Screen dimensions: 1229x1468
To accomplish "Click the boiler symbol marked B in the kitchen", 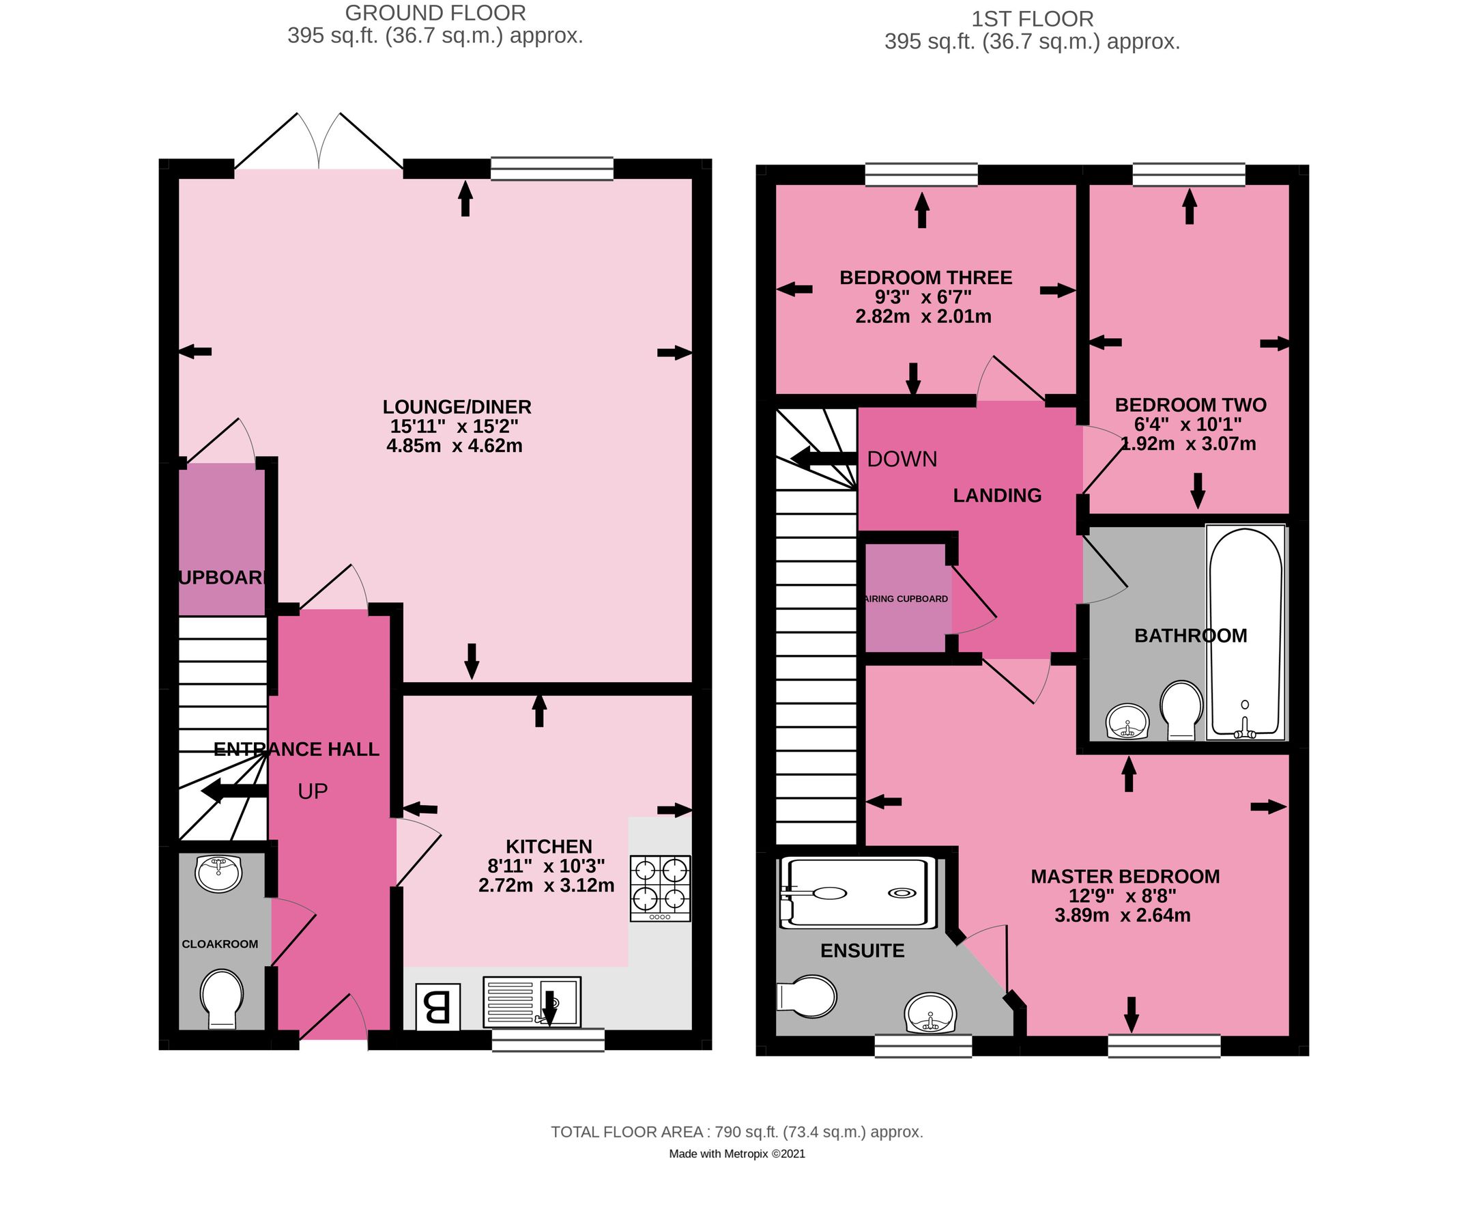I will [438, 1006].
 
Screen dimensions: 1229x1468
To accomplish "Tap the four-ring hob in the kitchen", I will [660, 888].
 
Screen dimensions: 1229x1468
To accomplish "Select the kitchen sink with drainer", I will [531, 1002].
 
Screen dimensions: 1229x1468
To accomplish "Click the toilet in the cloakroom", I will [222, 998].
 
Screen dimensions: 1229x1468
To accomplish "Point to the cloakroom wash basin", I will [219, 874].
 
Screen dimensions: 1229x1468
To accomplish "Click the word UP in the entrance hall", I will [313, 791].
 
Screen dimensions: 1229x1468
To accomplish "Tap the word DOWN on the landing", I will [902, 459].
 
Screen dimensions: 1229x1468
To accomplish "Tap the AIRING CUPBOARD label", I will [906, 599].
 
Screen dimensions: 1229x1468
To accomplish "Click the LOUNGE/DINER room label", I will [457, 406].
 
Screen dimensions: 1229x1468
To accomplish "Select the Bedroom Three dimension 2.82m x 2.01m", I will [923, 316].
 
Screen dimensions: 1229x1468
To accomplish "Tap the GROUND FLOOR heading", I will [435, 12].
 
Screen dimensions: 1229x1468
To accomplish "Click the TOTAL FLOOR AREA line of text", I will [737, 1132].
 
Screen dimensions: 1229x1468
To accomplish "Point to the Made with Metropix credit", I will [737, 1154].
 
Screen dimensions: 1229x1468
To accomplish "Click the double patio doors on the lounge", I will [319, 143].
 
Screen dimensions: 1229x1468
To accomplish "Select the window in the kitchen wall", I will [548, 1040].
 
